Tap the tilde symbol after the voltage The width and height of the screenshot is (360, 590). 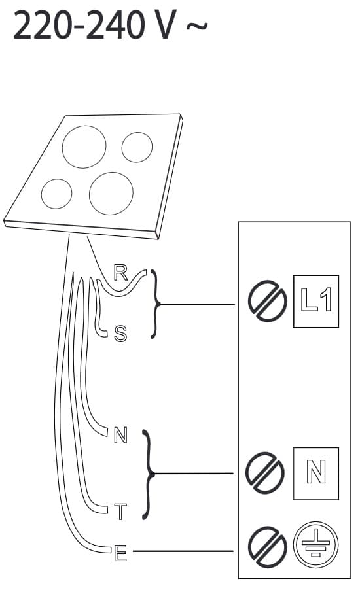196,26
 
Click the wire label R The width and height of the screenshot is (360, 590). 120,273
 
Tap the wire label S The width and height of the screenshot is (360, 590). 120,334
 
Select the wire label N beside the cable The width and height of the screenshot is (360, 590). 120,436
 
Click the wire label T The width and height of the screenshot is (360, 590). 120,512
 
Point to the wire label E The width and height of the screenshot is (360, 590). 120,553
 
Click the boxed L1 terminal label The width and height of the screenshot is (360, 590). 316,302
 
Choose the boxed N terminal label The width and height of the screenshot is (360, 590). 316,474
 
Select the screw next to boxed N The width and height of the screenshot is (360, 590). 264,473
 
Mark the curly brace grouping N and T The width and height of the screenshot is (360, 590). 149,474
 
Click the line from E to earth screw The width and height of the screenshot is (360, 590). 183,551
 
